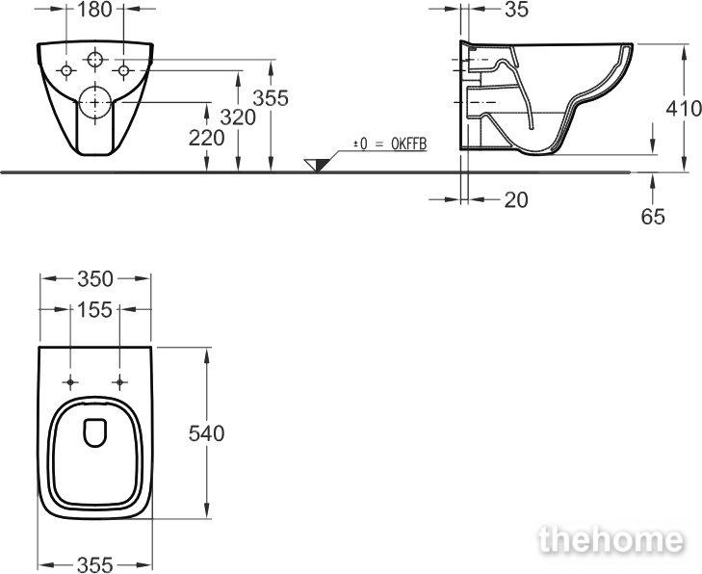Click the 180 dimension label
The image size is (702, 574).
[x=94, y=10]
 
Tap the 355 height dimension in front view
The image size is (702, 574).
[x=271, y=98]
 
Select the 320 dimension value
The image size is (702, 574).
[x=238, y=117]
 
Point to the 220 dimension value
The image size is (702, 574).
[x=206, y=138]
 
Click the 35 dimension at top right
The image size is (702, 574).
[x=517, y=10]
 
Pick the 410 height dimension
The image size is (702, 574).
[x=684, y=109]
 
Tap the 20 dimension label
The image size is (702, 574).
[x=516, y=199]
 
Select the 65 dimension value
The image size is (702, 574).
[x=653, y=217]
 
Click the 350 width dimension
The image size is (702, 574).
[x=95, y=279]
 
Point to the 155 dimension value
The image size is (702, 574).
[x=94, y=310]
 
